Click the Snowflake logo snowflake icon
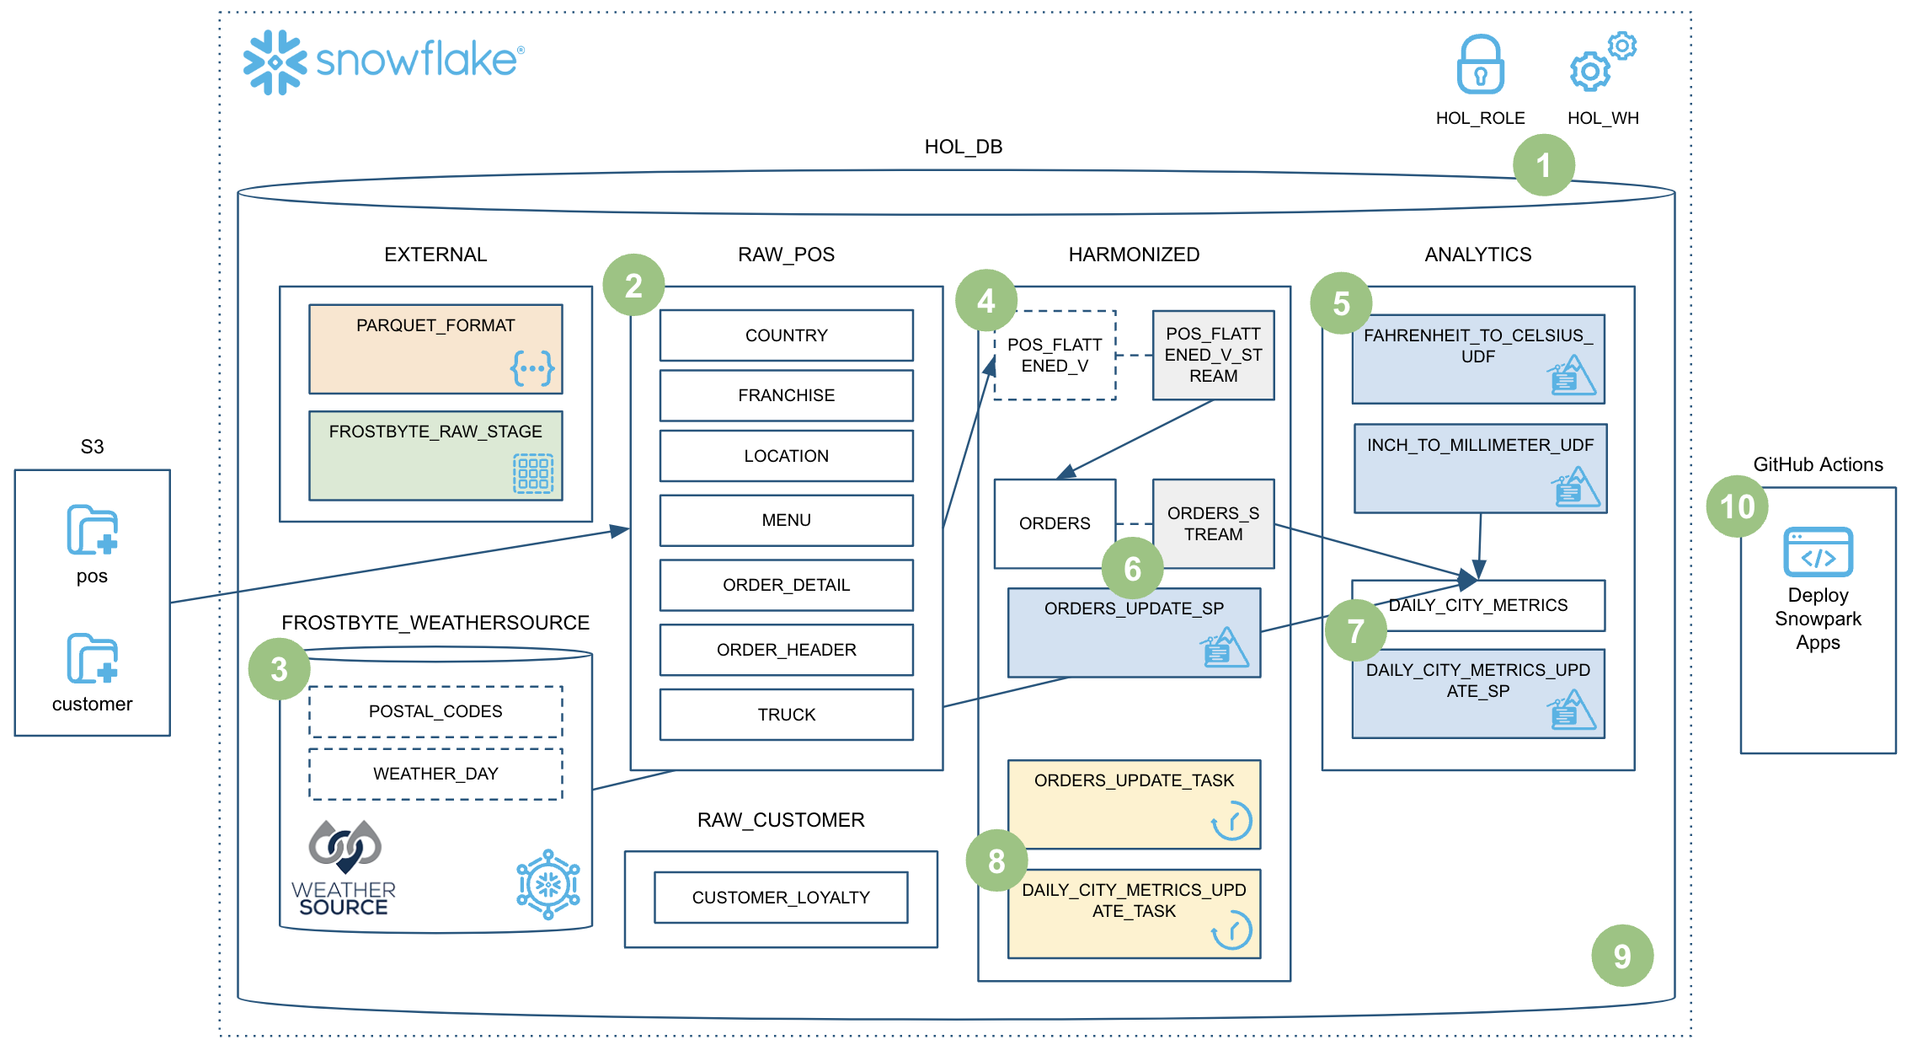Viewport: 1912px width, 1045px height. click(x=275, y=62)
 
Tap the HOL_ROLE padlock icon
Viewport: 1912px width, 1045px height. click(x=1480, y=64)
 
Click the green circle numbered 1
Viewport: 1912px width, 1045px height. click(x=1543, y=165)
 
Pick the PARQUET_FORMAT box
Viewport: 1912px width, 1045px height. click(x=435, y=349)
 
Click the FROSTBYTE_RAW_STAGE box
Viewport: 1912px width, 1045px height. click(x=435, y=455)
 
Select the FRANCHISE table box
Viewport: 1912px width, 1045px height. click(x=786, y=395)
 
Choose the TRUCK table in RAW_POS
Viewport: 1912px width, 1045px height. click(x=786, y=715)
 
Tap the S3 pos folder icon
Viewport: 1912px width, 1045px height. click(x=92, y=530)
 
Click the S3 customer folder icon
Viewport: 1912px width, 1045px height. click(x=92, y=658)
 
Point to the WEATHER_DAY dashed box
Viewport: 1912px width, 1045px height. click(x=435, y=774)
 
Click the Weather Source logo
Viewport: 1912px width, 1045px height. click(x=344, y=868)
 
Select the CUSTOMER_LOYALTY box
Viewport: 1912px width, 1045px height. click(x=781, y=898)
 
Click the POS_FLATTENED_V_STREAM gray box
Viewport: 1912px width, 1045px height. click(x=1213, y=355)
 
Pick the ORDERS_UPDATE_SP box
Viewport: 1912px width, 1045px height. click(x=1134, y=632)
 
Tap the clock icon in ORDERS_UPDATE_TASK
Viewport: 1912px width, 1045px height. click(x=1231, y=821)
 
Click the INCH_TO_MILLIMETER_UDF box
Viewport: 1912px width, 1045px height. click(x=1480, y=469)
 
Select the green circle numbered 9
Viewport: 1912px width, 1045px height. click(x=1621, y=956)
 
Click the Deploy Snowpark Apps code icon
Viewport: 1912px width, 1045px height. click(x=1818, y=552)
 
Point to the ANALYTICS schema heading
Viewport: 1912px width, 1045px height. click(x=1477, y=255)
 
